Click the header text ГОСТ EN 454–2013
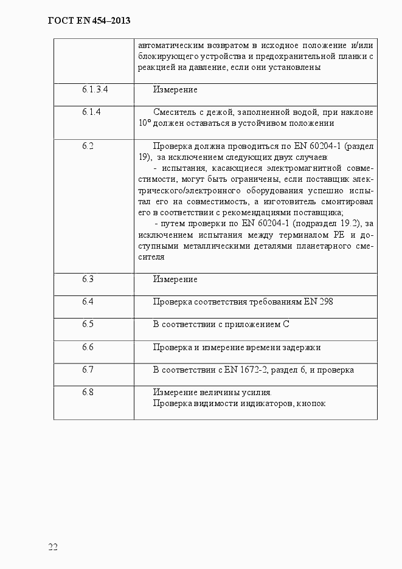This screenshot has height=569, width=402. (89, 21)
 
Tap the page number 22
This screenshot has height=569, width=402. (53, 547)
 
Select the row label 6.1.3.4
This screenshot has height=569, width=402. (94, 89)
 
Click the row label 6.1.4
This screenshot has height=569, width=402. (91, 112)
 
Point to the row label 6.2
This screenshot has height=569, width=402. (88, 146)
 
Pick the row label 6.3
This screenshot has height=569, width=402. (88, 279)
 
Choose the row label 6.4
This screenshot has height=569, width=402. (88, 302)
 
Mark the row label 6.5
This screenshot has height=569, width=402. (88, 324)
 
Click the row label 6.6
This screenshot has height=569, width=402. (88, 347)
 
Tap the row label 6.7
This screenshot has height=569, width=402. (88, 370)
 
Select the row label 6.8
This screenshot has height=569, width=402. (88, 392)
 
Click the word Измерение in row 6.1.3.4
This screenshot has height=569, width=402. (175, 90)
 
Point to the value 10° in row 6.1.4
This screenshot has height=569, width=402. (144, 123)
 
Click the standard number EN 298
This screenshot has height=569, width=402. (318, 302)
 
